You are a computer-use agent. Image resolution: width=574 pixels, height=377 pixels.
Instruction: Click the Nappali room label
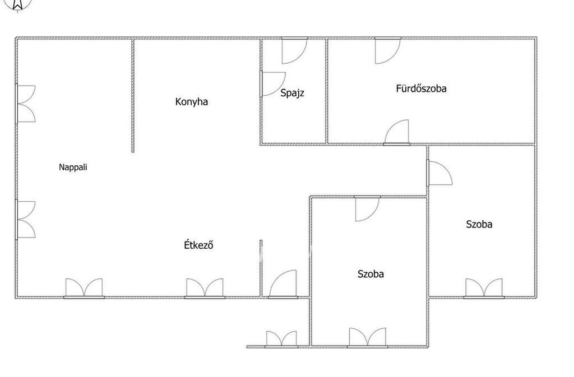tap(73, 167)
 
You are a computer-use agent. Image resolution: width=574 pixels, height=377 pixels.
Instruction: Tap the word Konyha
tap(192, 101)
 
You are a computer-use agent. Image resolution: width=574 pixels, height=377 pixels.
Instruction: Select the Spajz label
tap(292, 93)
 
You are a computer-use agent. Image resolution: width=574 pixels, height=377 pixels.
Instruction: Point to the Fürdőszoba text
tap(421, 88)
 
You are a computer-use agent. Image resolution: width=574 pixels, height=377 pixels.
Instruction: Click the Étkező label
tap(198, 244)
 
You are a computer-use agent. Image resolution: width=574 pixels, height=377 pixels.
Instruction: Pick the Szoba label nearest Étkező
tap(371, 274)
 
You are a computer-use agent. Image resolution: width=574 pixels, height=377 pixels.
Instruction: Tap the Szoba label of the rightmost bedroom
tap(479, 224)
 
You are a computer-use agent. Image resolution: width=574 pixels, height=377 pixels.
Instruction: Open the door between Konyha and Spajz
tap(272, 84)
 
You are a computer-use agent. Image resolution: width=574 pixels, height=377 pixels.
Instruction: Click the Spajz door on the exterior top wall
tap(294, 51)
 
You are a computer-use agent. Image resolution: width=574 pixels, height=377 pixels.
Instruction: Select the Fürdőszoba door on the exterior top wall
tap(388, 51)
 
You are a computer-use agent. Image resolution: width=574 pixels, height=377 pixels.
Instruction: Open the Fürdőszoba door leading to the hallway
tap(396, 132)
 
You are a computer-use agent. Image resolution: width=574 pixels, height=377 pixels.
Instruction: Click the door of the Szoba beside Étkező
tap(367, 209)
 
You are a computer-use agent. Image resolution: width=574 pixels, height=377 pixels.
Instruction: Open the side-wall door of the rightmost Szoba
tap(439, 173)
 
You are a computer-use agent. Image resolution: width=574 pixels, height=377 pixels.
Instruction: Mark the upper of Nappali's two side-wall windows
tap(26, 104)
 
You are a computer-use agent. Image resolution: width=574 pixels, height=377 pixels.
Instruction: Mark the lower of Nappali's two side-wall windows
tap(26, 220)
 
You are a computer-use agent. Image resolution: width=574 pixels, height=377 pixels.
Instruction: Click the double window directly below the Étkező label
tap(205, 288)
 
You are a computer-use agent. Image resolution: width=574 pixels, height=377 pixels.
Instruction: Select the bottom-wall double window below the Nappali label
tap(84, 288)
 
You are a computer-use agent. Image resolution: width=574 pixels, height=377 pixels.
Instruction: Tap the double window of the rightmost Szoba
tap(484, 288)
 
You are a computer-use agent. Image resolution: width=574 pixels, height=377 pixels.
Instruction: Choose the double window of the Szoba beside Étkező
tap(367, 338)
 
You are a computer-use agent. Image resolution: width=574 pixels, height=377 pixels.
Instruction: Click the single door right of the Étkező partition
tap(283, 284)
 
